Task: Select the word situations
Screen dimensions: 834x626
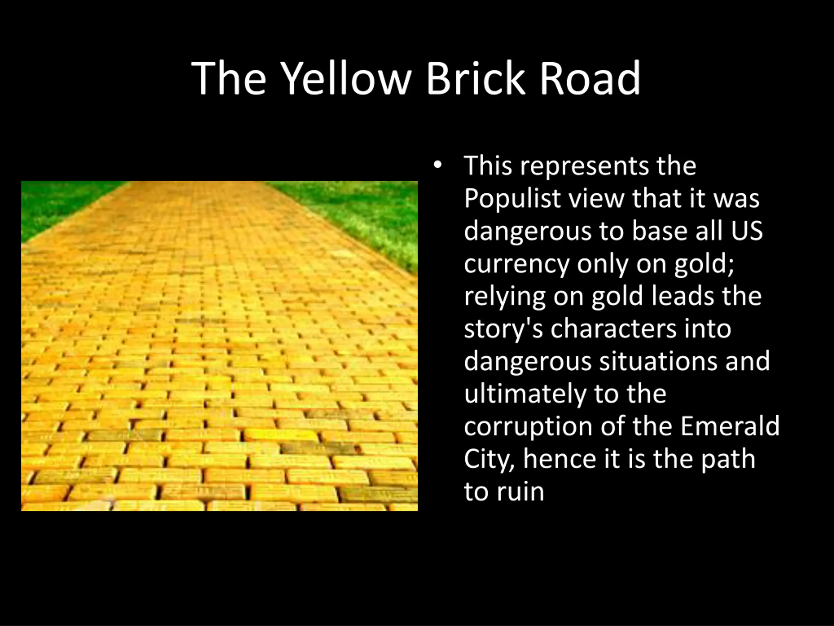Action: (658, 361)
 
